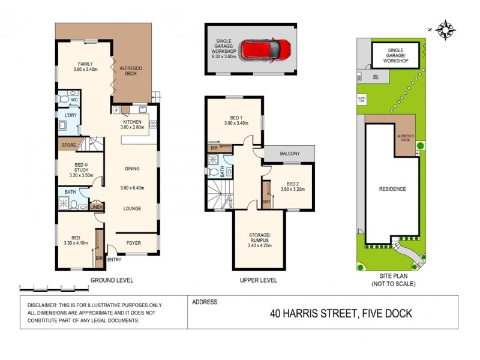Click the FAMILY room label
tap(85, 63)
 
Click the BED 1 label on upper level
tap(236, 118)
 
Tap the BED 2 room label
tap(292, 184)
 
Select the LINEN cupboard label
tap(96, 208)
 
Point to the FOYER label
tap(133, 243)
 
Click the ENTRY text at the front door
tap(114, 260)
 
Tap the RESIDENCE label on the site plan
tap(392, 189)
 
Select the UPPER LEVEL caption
tap(258, 280)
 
